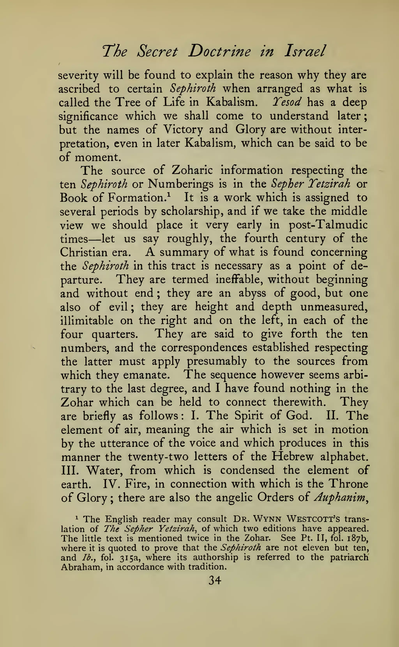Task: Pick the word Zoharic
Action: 192,170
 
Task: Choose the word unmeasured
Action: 334,307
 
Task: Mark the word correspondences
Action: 204,348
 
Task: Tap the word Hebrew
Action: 293,457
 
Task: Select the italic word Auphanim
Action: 340,498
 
